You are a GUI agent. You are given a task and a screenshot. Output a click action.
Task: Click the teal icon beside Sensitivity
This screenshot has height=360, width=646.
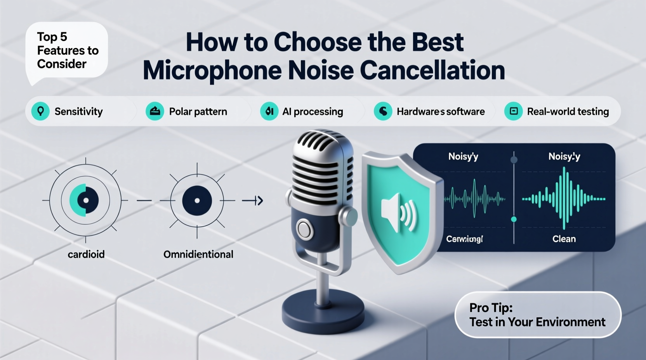[x=40, y=111]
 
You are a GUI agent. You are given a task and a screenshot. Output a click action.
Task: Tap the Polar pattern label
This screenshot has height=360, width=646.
[x=198, y=112]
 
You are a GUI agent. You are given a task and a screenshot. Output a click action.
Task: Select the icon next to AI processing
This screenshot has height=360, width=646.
[x=269, y=111]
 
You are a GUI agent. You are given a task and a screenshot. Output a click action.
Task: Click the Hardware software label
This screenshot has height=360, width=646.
[x=440, y=112]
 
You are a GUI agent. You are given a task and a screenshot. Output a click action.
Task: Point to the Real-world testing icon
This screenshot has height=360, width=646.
[x=513, y=111]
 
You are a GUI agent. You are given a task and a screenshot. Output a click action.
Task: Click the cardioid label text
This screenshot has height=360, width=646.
[x=86, y=254]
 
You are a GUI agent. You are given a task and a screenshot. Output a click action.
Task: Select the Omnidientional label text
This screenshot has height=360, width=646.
[x=198, y=254]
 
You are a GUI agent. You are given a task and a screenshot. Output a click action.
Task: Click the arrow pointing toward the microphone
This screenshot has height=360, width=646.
[x=253, y=201]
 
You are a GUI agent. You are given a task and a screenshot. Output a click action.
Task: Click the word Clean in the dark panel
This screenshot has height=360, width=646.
[x=564, y=239]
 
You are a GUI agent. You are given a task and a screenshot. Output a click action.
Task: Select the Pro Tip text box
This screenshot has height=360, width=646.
[x=537, y=315]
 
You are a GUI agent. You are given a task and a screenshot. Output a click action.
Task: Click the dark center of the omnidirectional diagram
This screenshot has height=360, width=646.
[x=197, y=201]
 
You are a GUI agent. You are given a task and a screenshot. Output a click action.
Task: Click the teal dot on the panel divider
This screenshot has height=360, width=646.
[x=514, y=219]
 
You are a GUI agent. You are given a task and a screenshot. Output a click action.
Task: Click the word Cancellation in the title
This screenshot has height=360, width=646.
[x=432, y=71]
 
